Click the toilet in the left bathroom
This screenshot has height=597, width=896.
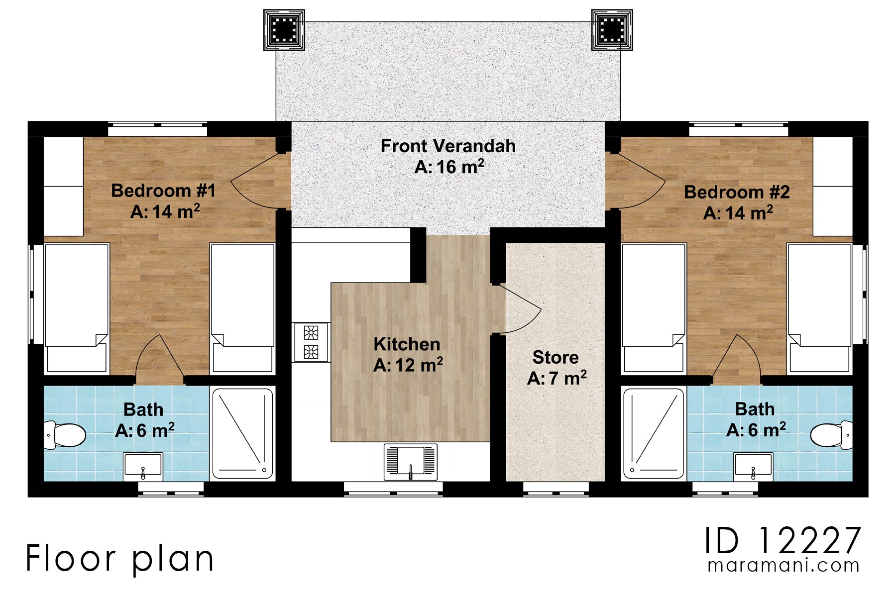click(x=65, y=435)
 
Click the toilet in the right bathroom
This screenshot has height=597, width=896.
click(x=831, y=435)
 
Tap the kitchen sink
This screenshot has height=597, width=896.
click(x=411, y=462)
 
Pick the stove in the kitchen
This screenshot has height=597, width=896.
click(x=311, y=342)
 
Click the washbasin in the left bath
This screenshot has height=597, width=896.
click(x=143, y=466)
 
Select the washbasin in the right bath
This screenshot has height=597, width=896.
click(x=753, y=466)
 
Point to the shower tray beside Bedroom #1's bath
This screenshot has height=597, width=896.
click(x=242, y=434)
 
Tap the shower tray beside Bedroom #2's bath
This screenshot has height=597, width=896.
click(x=654, y=434)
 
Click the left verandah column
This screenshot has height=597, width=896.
click(x=284, y=30)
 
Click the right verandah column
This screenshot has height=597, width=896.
click(x=612, y=30)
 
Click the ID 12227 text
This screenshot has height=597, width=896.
click(x=783, y=541)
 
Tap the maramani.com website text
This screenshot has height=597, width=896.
click(x=784, y=566)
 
